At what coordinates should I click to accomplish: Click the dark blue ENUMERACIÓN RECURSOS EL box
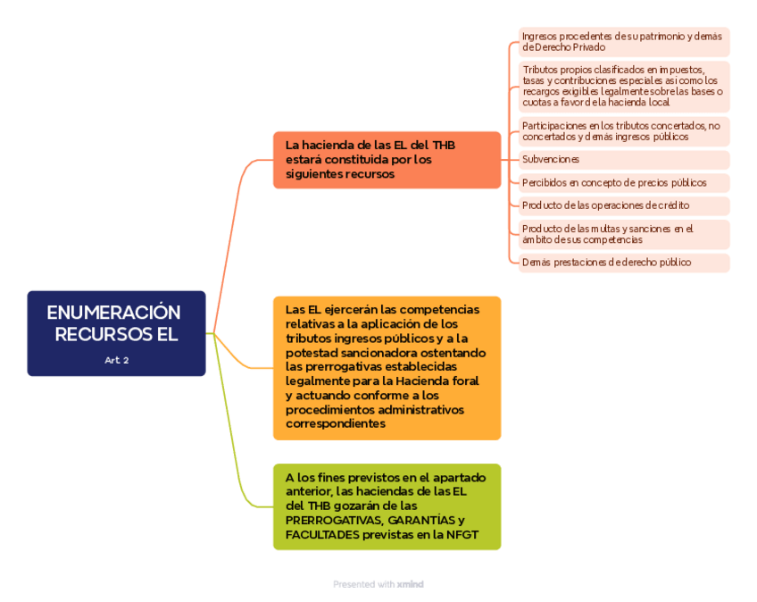tap(116, 332)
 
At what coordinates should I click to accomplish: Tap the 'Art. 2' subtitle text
tap(116, 360)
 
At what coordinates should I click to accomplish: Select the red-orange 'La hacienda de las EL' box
tap(387, 160)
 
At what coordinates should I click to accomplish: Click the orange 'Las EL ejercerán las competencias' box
tap(387, 367)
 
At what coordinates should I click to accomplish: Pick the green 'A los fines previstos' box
tap(387, 506)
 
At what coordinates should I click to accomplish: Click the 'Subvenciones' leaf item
tap(551, 159)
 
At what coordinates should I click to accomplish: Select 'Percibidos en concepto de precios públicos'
tap(614, 182)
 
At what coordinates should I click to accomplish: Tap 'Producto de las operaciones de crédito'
tap(605, 205)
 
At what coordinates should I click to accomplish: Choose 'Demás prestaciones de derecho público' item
tap(606, 263)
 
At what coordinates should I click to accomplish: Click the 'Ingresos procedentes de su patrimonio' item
tap(622, 42)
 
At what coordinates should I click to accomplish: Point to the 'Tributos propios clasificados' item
tap(622, 86)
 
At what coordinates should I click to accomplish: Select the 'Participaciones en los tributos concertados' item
tap(622, 131)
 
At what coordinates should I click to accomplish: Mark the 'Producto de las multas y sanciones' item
tap(607, 234)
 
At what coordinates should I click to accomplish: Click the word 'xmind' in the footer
tap(411, 584)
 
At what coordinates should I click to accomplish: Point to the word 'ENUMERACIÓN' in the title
tap(113, 313)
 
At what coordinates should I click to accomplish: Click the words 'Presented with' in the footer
tap(363, 584)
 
